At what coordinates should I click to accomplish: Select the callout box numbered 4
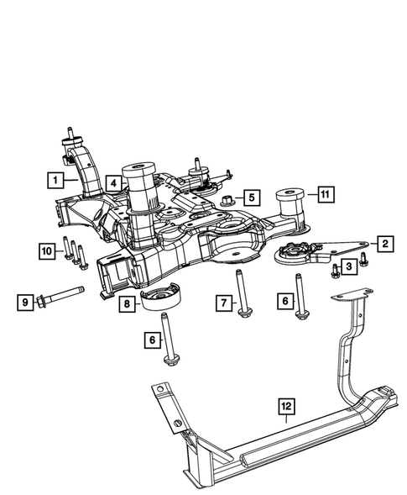pyautogui.click(x=112, y=181)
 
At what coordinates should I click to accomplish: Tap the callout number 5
pyautogui.click(x=251, y=198)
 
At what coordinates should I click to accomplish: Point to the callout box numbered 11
pyautogui.click(x=325, y=195)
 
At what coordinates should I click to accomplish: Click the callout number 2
pyautogui.click(x=384, y=245)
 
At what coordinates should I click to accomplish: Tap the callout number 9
pyautogui.click(x=26, y=300)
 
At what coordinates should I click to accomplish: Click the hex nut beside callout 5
pyautogui.click(x=229, y=199)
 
